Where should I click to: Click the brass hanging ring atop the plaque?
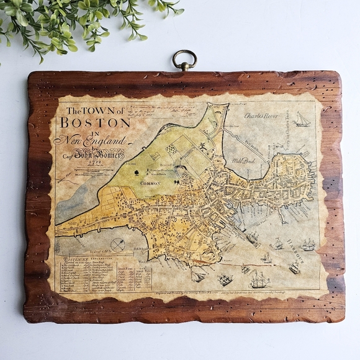(184, 60)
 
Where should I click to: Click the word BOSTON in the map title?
(94, 122)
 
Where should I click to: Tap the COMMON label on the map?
(150, 183)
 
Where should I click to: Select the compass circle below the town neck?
(118, 245)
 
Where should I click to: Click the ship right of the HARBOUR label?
(308, 245)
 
